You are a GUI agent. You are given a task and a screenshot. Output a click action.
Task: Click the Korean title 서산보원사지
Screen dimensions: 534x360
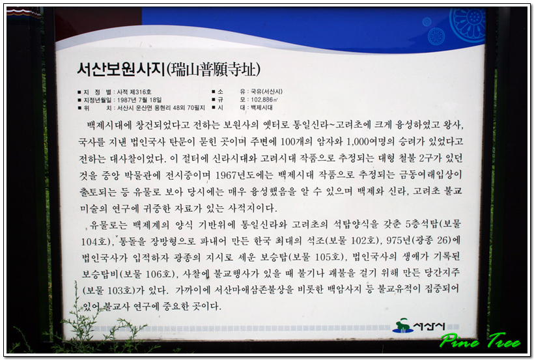click(x=121, y=69)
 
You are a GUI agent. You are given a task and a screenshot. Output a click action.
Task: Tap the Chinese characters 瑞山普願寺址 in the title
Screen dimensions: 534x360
click(x=213, y=70)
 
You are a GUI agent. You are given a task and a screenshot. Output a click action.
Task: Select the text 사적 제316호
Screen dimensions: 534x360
click(x=134, y=92)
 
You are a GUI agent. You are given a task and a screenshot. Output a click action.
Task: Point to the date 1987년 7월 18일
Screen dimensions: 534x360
click(x=139, y=100)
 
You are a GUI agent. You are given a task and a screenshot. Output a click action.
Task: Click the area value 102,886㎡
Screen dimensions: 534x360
click(x=264, y=100)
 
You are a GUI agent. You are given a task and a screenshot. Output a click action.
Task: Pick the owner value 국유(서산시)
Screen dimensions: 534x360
click(x=266, y=91)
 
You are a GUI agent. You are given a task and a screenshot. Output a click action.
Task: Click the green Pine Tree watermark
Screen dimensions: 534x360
click(x=480, y=340)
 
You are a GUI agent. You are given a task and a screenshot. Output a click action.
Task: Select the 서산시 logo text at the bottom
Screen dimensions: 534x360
click(x=429, y=327)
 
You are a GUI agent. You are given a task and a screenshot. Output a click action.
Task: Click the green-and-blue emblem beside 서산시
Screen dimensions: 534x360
click(x=403, y=326)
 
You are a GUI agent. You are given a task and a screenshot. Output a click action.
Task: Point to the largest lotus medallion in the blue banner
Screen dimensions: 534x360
click(x=468, y=22)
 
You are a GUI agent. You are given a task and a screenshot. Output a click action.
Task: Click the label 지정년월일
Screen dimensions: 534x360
click(x=98, y=100)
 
